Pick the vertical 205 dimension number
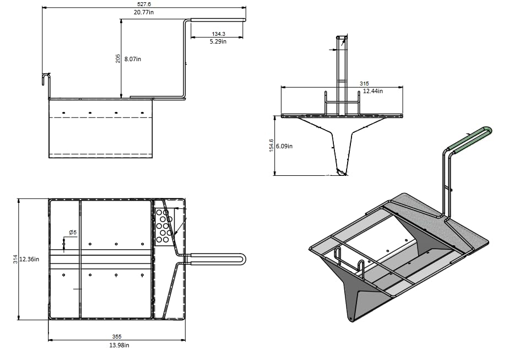[118, 58]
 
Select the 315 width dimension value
[364, 83]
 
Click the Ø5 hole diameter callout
[72, 232]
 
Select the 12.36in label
[29, 259]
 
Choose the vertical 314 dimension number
[15, 259]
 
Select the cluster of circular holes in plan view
[163, 225]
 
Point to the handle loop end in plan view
[243, 259]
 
